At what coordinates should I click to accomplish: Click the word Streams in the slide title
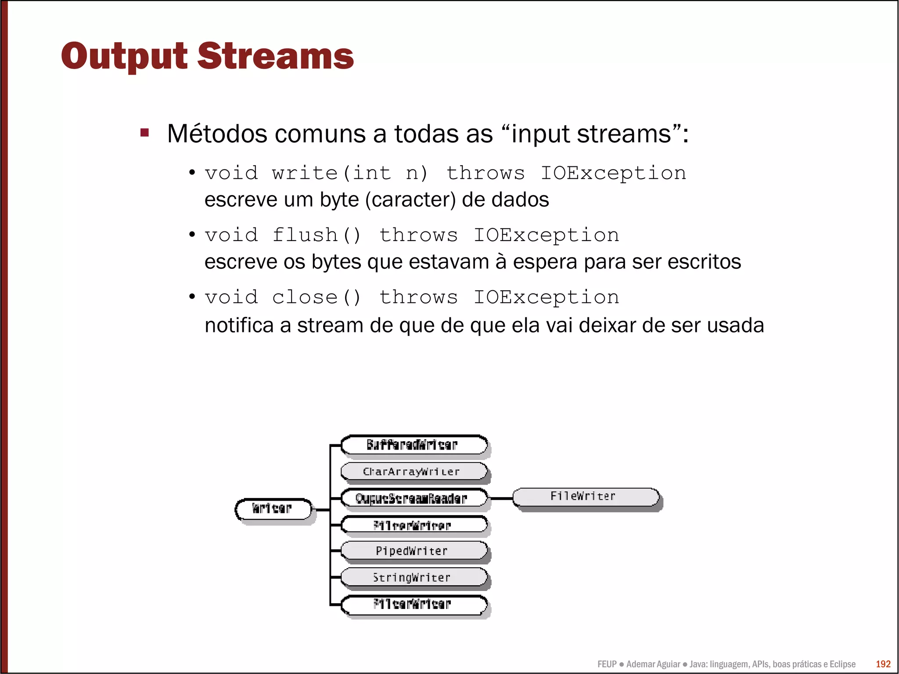click(275, 57)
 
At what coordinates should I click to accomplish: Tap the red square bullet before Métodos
click(145, 133)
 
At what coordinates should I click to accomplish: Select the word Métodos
click(217, 134)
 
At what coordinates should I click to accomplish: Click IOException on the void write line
click(613, 173)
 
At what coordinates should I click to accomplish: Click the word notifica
click(239, 326)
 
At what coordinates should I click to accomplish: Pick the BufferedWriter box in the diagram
click(414, 445)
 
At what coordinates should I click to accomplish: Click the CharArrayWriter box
click(414, 472)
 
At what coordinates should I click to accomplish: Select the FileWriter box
click(585, 497)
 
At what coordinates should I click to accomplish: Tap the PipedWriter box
click(414, 551)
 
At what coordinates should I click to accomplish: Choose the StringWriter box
click(414, 577)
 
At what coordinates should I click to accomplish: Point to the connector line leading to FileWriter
click(500, 498)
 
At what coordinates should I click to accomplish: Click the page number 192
click(883, 664)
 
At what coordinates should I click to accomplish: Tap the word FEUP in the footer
click(607, 664)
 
